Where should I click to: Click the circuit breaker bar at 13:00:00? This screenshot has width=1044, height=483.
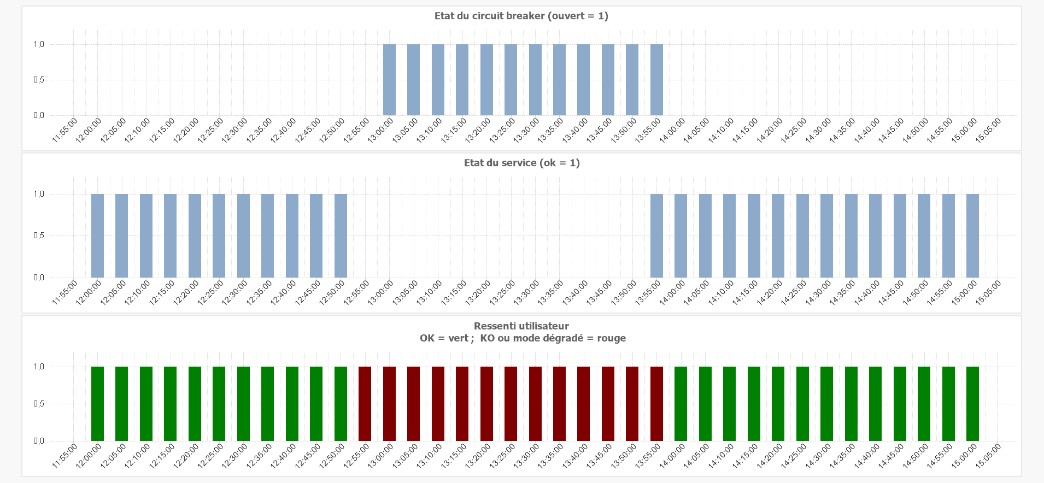(389, 80)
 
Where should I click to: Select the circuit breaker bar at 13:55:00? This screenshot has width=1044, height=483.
(656, 80)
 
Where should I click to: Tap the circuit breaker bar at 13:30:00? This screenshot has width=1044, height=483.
(535, 80)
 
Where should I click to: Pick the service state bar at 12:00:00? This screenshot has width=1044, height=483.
(97, 235)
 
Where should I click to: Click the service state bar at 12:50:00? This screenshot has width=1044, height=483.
(341, 235)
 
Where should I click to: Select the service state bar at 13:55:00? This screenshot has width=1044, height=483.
(656, 235)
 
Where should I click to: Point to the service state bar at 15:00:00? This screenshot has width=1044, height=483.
(972, 235)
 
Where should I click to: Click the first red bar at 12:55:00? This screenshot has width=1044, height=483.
(365, 404)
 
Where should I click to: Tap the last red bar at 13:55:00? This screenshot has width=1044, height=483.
(656, 404)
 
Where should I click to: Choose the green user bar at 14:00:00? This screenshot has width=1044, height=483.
(681, 404)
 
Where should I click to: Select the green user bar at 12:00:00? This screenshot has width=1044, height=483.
(97, 404)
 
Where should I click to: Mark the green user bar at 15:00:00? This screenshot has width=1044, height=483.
(972, 404)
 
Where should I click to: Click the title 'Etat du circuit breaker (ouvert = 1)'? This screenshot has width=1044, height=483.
(521, 16)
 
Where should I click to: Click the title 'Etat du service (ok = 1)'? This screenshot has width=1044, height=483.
(521, 163)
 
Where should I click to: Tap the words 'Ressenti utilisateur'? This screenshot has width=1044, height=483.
(521, 326)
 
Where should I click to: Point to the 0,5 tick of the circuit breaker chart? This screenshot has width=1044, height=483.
(39, 80)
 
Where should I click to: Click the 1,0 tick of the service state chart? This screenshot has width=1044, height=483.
(39, 194)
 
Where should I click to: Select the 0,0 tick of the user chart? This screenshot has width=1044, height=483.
(39, 441)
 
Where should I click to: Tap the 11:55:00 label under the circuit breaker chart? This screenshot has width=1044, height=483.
(65, 130)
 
